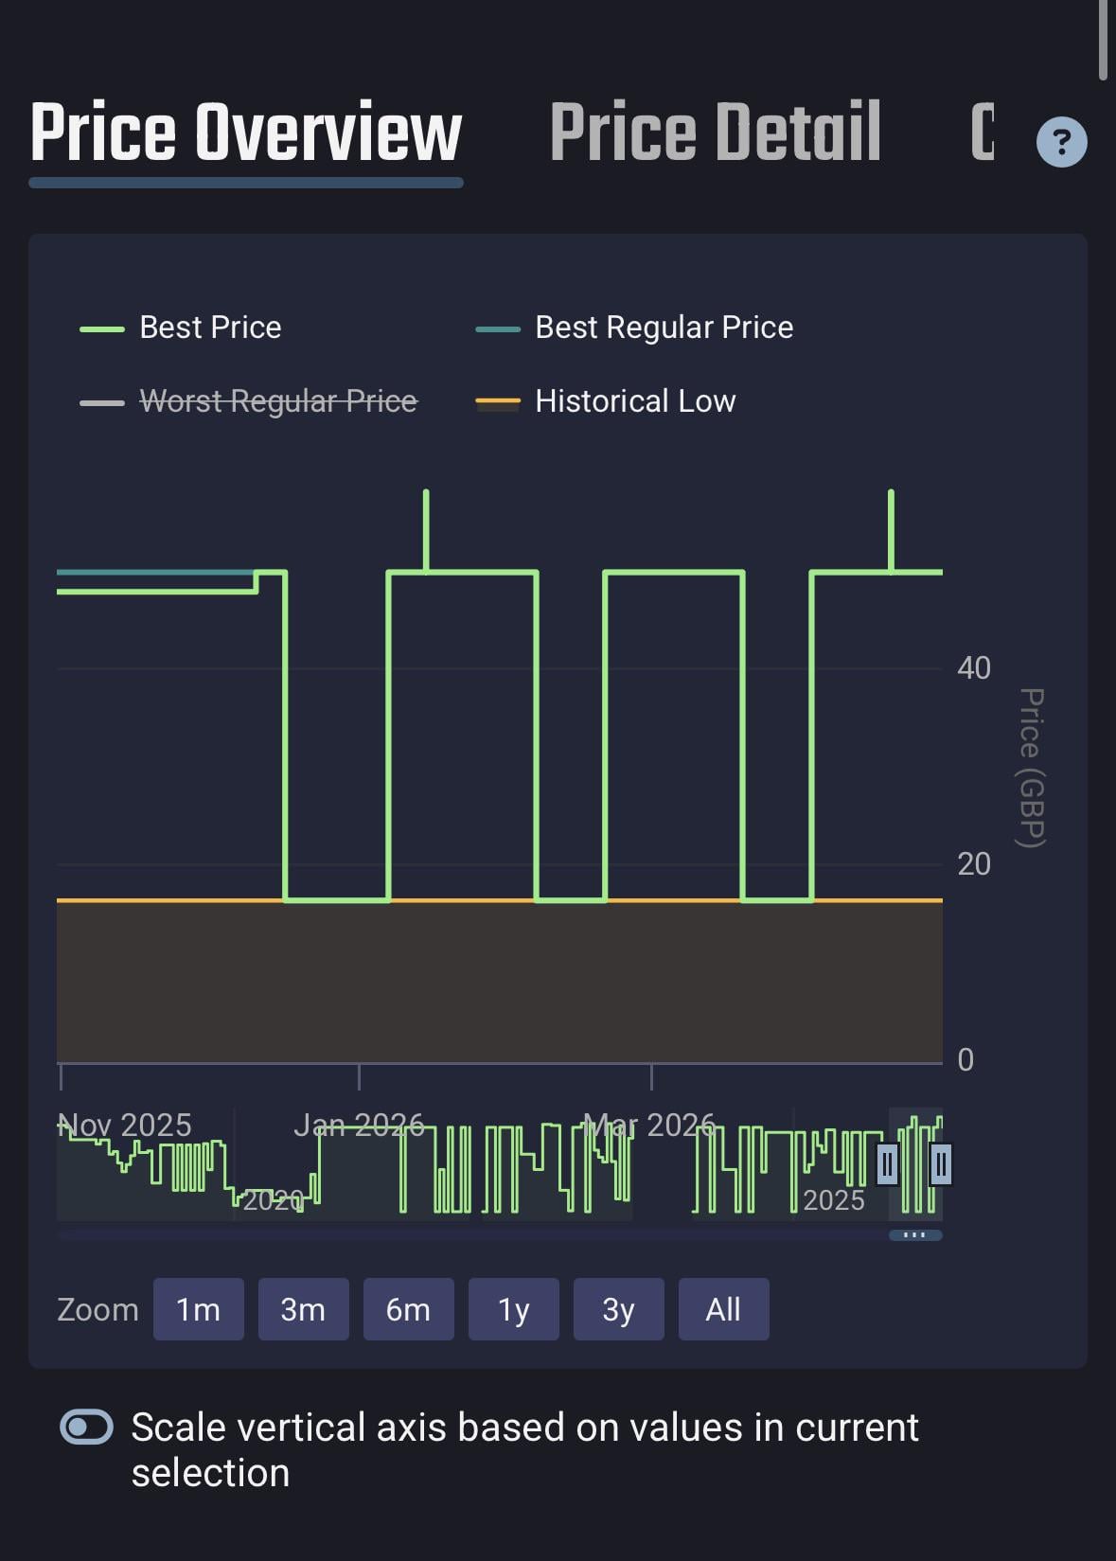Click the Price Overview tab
(246, 133)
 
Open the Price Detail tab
(716, 133)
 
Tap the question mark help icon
(1061, 142)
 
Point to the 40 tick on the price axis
(973, 668)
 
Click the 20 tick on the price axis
(973, 864)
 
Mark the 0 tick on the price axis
(965, 1060)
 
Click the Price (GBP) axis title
(1032, 768)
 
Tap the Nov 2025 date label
(125, 1125)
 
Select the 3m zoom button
(303, 1309)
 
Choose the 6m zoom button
(408, 1309)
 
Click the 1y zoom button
(513, 1309)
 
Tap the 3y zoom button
(618, 1309)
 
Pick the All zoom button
(723, 1309)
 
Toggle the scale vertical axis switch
(87, 1427)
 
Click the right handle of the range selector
(940, 1164)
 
